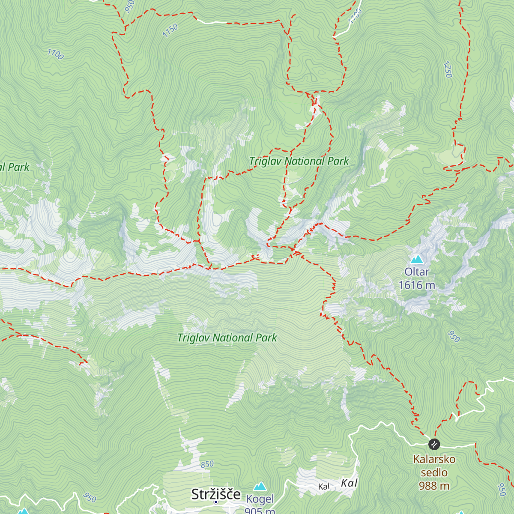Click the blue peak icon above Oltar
[x=417, y=259]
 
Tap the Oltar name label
[x=417, y=272]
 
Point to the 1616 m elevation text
[x=417, y=285]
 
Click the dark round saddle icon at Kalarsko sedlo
[x=434, y=444]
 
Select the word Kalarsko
[x=434, y=459]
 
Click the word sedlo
[x=434, y=472]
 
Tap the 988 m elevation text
[x=434, y=486]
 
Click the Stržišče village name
[x=216, y=494]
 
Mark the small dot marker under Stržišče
[x=216, y=502]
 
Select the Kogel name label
[x=260, y=499]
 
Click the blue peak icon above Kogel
[x=260, y=487]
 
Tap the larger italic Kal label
[x=349, y=483]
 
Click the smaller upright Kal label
[x=324, y=487]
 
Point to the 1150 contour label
[x=170, y=30]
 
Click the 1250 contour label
[x=448, y=70]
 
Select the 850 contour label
[x=207, y=464]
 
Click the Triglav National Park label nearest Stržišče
[x=227, y=338]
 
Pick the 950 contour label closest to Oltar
[x=453, y=337]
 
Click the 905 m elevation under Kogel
[x=260, y=510]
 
